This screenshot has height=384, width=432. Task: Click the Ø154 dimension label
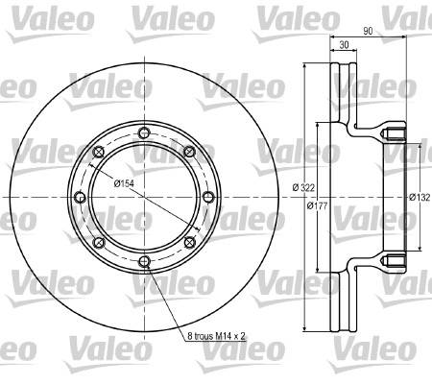(x=124, y=183)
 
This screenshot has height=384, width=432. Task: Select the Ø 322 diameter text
(x=303, y=187)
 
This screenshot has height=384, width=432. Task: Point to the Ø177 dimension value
(x=317, y=205)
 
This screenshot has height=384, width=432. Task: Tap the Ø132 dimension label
(x=420, y=198)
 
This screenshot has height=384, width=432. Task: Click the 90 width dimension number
(x=368, y=31)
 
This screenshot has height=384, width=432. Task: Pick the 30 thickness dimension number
(x=344, y=45)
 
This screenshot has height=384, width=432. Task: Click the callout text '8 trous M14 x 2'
(x=216, y=336)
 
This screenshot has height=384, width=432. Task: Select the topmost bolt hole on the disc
(x=145, y=132)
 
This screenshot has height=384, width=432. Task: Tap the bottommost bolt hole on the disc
(x=145, y=262)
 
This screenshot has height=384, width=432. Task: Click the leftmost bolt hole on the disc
(x=80, y=197)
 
